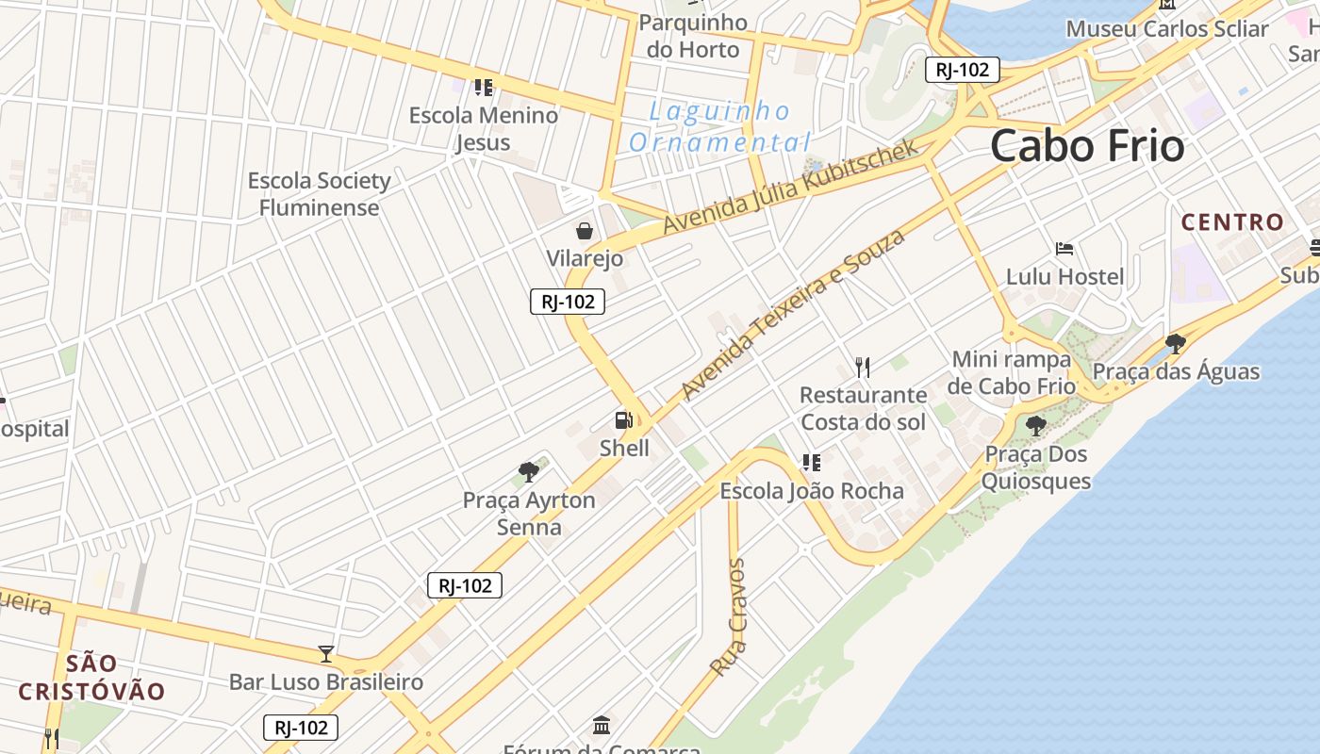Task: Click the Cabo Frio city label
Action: tap(1086, 146)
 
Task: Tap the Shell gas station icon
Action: tap(623, 420)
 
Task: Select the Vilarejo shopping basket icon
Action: tap(585, 230)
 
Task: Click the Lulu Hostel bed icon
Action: tap(1064, 249)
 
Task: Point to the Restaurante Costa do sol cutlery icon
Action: tap(863, 367)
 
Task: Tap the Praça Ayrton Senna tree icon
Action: tap(528, 471)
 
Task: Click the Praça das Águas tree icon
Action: tap(1175, 343)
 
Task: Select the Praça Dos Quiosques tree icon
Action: tap(1035, 426)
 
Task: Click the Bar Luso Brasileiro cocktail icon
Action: tap(326, 653)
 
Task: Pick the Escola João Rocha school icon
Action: tap(811, 463)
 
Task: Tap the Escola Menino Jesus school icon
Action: tap(484, 88)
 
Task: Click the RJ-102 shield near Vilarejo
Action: tap(567, 302)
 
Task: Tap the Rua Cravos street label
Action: tap(728, 618)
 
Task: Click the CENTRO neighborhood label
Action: tap(1232, 222)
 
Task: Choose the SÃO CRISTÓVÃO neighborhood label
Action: tap(92, 677)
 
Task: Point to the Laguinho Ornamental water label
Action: tap(720, 127)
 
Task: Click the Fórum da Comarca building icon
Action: tap(602, 725)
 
